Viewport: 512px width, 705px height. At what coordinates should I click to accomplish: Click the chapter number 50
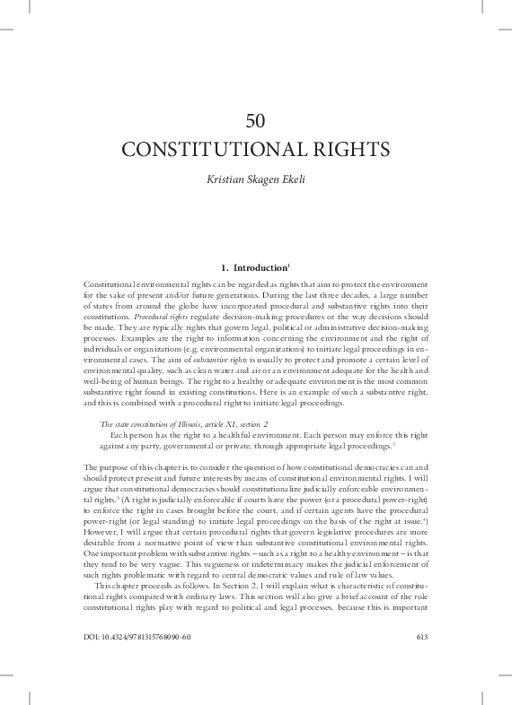click(256, 122)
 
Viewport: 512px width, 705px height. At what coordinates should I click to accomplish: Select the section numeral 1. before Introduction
click(224, 266)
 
